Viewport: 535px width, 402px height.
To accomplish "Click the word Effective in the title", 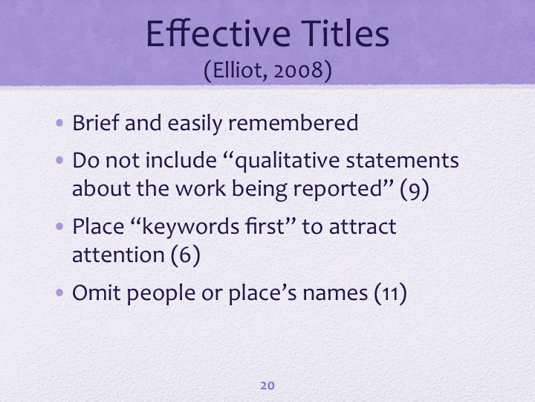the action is [218, 33].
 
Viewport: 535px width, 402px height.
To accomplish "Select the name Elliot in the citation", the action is [240, 71].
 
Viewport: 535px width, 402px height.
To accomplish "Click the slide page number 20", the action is [267, 386].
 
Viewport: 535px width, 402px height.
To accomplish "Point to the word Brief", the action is [96, 123].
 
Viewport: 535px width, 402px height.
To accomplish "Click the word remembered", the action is [293, 123].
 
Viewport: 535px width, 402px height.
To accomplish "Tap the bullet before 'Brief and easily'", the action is [59, 123].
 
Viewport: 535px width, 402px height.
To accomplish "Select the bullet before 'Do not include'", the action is [59, 160].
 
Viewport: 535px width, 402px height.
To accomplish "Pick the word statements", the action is [402, 161].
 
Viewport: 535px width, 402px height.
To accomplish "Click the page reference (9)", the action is [414, 189].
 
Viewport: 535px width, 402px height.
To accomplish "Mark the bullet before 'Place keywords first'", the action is [59, 226].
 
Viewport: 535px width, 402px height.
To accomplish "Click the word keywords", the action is [190, 226].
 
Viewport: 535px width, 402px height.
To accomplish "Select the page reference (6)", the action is [185, 255].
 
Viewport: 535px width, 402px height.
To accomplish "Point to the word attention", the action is [118, 255].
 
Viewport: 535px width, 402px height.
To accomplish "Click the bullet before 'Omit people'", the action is [59, 293].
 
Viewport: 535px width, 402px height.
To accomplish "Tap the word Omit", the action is [97, 293].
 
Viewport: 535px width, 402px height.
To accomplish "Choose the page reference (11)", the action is [390, 293].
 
